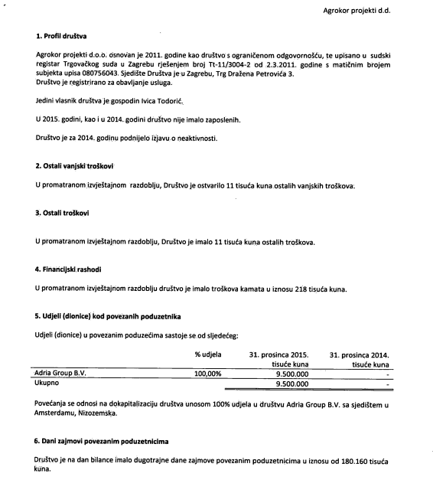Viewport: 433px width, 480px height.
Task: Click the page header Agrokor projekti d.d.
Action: [x=379, y=11]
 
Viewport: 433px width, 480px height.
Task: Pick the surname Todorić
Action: [x=165, y=102]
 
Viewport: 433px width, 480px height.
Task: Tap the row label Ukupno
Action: [x=48, y=384]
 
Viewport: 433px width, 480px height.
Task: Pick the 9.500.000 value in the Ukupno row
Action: [x=291, y=384]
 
